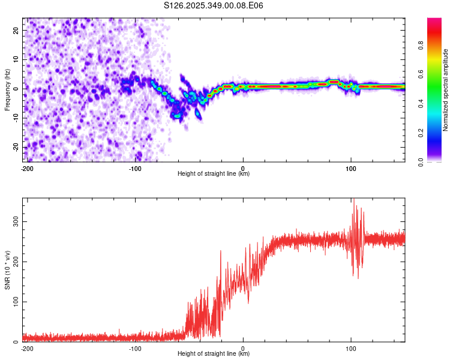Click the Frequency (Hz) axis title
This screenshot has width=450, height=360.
pos(7,90)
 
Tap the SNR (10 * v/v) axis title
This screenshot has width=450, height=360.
pos(7,270)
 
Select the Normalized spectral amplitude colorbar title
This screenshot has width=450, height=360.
pos(445,90)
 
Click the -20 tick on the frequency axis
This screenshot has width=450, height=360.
pos(16,147)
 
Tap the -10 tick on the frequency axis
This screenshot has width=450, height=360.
pos(16,118)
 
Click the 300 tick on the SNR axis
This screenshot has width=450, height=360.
pos(15,222)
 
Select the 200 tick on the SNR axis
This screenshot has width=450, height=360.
pos(15,262)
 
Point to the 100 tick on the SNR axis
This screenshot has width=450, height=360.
pos(15,302)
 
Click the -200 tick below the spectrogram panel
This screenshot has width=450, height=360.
pos(26,168)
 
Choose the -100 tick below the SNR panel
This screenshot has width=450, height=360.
pos(135,348)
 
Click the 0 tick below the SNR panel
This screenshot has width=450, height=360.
pos(243,348)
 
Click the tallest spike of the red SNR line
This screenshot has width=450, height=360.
pos(354,200)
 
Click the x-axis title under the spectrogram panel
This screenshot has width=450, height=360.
pos(214,174)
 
